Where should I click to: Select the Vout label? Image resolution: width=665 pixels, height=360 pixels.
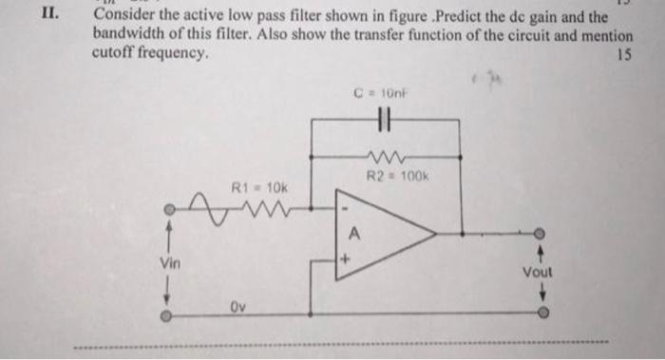538,272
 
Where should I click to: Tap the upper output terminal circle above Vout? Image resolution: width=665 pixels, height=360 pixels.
540,231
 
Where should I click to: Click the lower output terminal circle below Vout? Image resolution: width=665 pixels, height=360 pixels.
540,311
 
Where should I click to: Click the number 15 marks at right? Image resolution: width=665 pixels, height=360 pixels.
623,54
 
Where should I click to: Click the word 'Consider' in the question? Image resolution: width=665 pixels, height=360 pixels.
122,16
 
